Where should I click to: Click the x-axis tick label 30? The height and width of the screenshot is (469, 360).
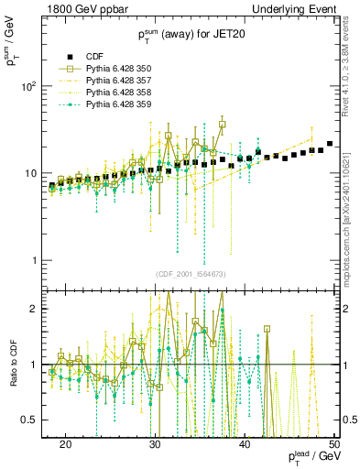click(156, 442)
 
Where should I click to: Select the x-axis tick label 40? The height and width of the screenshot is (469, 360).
click(245, 442)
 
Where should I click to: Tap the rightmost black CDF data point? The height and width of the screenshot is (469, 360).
click(330, 144)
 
